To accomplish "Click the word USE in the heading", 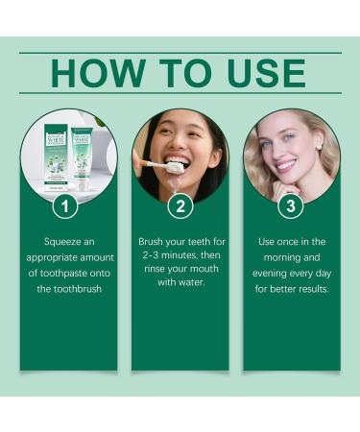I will pyautogui.click(x=266, y=74).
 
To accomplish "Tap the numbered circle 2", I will pyautogui.click(x=180, y=204).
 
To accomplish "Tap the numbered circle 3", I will pyautogui.click(x=292, y=204).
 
